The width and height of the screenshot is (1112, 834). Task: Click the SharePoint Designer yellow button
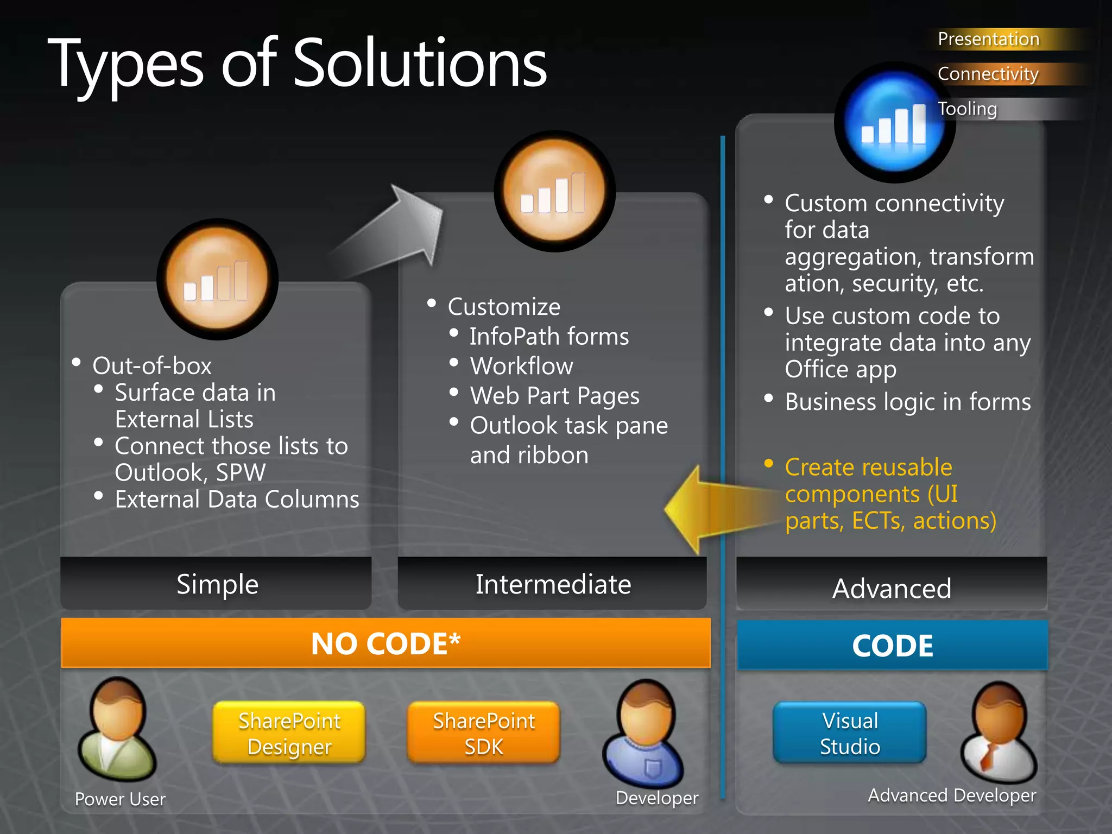(x=289, y=733)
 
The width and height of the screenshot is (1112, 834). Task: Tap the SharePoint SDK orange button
(x=483, y=733)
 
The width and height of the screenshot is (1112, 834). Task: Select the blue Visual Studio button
(x=850, y=733)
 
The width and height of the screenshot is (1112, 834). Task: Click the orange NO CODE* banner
(x=386, y=643)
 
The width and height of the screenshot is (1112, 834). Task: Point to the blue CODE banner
(x=892, y=646)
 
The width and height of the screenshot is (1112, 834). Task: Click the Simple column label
(x=217, y=584)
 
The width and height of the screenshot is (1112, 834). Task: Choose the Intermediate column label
(x=553, y=584)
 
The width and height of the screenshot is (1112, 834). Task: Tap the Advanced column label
(x=892, y=588)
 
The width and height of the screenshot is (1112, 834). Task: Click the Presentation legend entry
(x=988, y=39)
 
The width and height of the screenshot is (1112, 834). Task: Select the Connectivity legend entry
(x=988, y=74)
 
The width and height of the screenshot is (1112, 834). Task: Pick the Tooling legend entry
(x=968, y=109)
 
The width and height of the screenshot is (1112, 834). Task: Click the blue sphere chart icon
(x=893, y=124)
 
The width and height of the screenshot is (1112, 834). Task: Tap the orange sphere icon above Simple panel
(x=217, y=279)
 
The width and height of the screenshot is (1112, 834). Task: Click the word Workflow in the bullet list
(x=521, y=366)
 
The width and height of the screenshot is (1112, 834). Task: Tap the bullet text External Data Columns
(x=237, y=500)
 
